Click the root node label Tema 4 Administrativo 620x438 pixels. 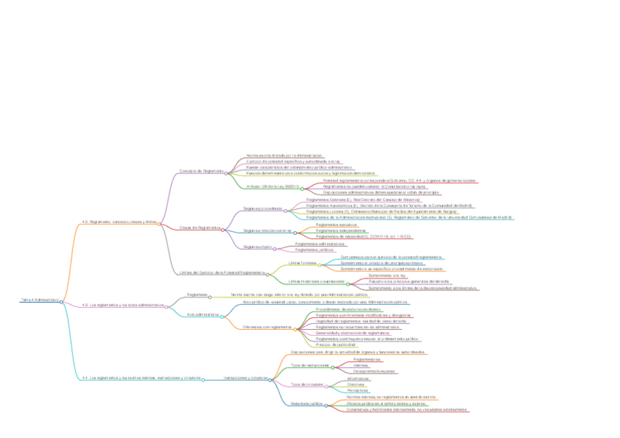pyautogui.click(x=38, y=300)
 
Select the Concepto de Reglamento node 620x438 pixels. pyautogui.click(x=201, y=171)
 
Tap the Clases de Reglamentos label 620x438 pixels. pyautogui.click(x=200, y=227)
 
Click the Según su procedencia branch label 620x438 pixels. pyautogui.click(x=263, y=208)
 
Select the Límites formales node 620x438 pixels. pyautogui.click(x=302, y=263)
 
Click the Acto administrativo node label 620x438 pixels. pyautogui.click(x=203, y=314)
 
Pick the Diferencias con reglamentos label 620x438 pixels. pyautogui.click(x=267, y=327)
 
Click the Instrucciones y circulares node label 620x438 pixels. pyautogui.click(x=245, y=378)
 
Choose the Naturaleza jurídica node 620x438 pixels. pyautogui.click(x=306, y=403)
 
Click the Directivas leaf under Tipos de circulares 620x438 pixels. pyautogui.click(x=356, y=384)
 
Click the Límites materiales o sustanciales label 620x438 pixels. pyautogui.click(x=316, y=281)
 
